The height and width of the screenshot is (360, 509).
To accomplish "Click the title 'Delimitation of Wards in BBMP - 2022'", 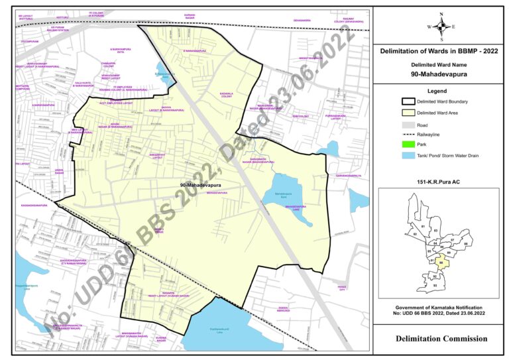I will [440, 51].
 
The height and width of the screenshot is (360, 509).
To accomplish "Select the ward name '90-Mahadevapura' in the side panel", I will [440, 74].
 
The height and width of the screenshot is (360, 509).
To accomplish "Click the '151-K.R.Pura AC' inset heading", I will [440, 181].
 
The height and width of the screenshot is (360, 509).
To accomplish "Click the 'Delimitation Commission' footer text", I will [440, 339].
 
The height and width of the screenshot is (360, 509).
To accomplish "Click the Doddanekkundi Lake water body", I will [211, 325].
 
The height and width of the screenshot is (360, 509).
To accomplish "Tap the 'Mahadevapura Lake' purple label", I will [294, 208].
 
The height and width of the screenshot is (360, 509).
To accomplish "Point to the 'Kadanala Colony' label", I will [230, 96].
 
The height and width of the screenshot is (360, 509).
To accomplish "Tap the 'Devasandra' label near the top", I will [300, 21].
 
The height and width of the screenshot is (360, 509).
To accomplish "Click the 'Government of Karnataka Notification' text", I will [440, 308].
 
